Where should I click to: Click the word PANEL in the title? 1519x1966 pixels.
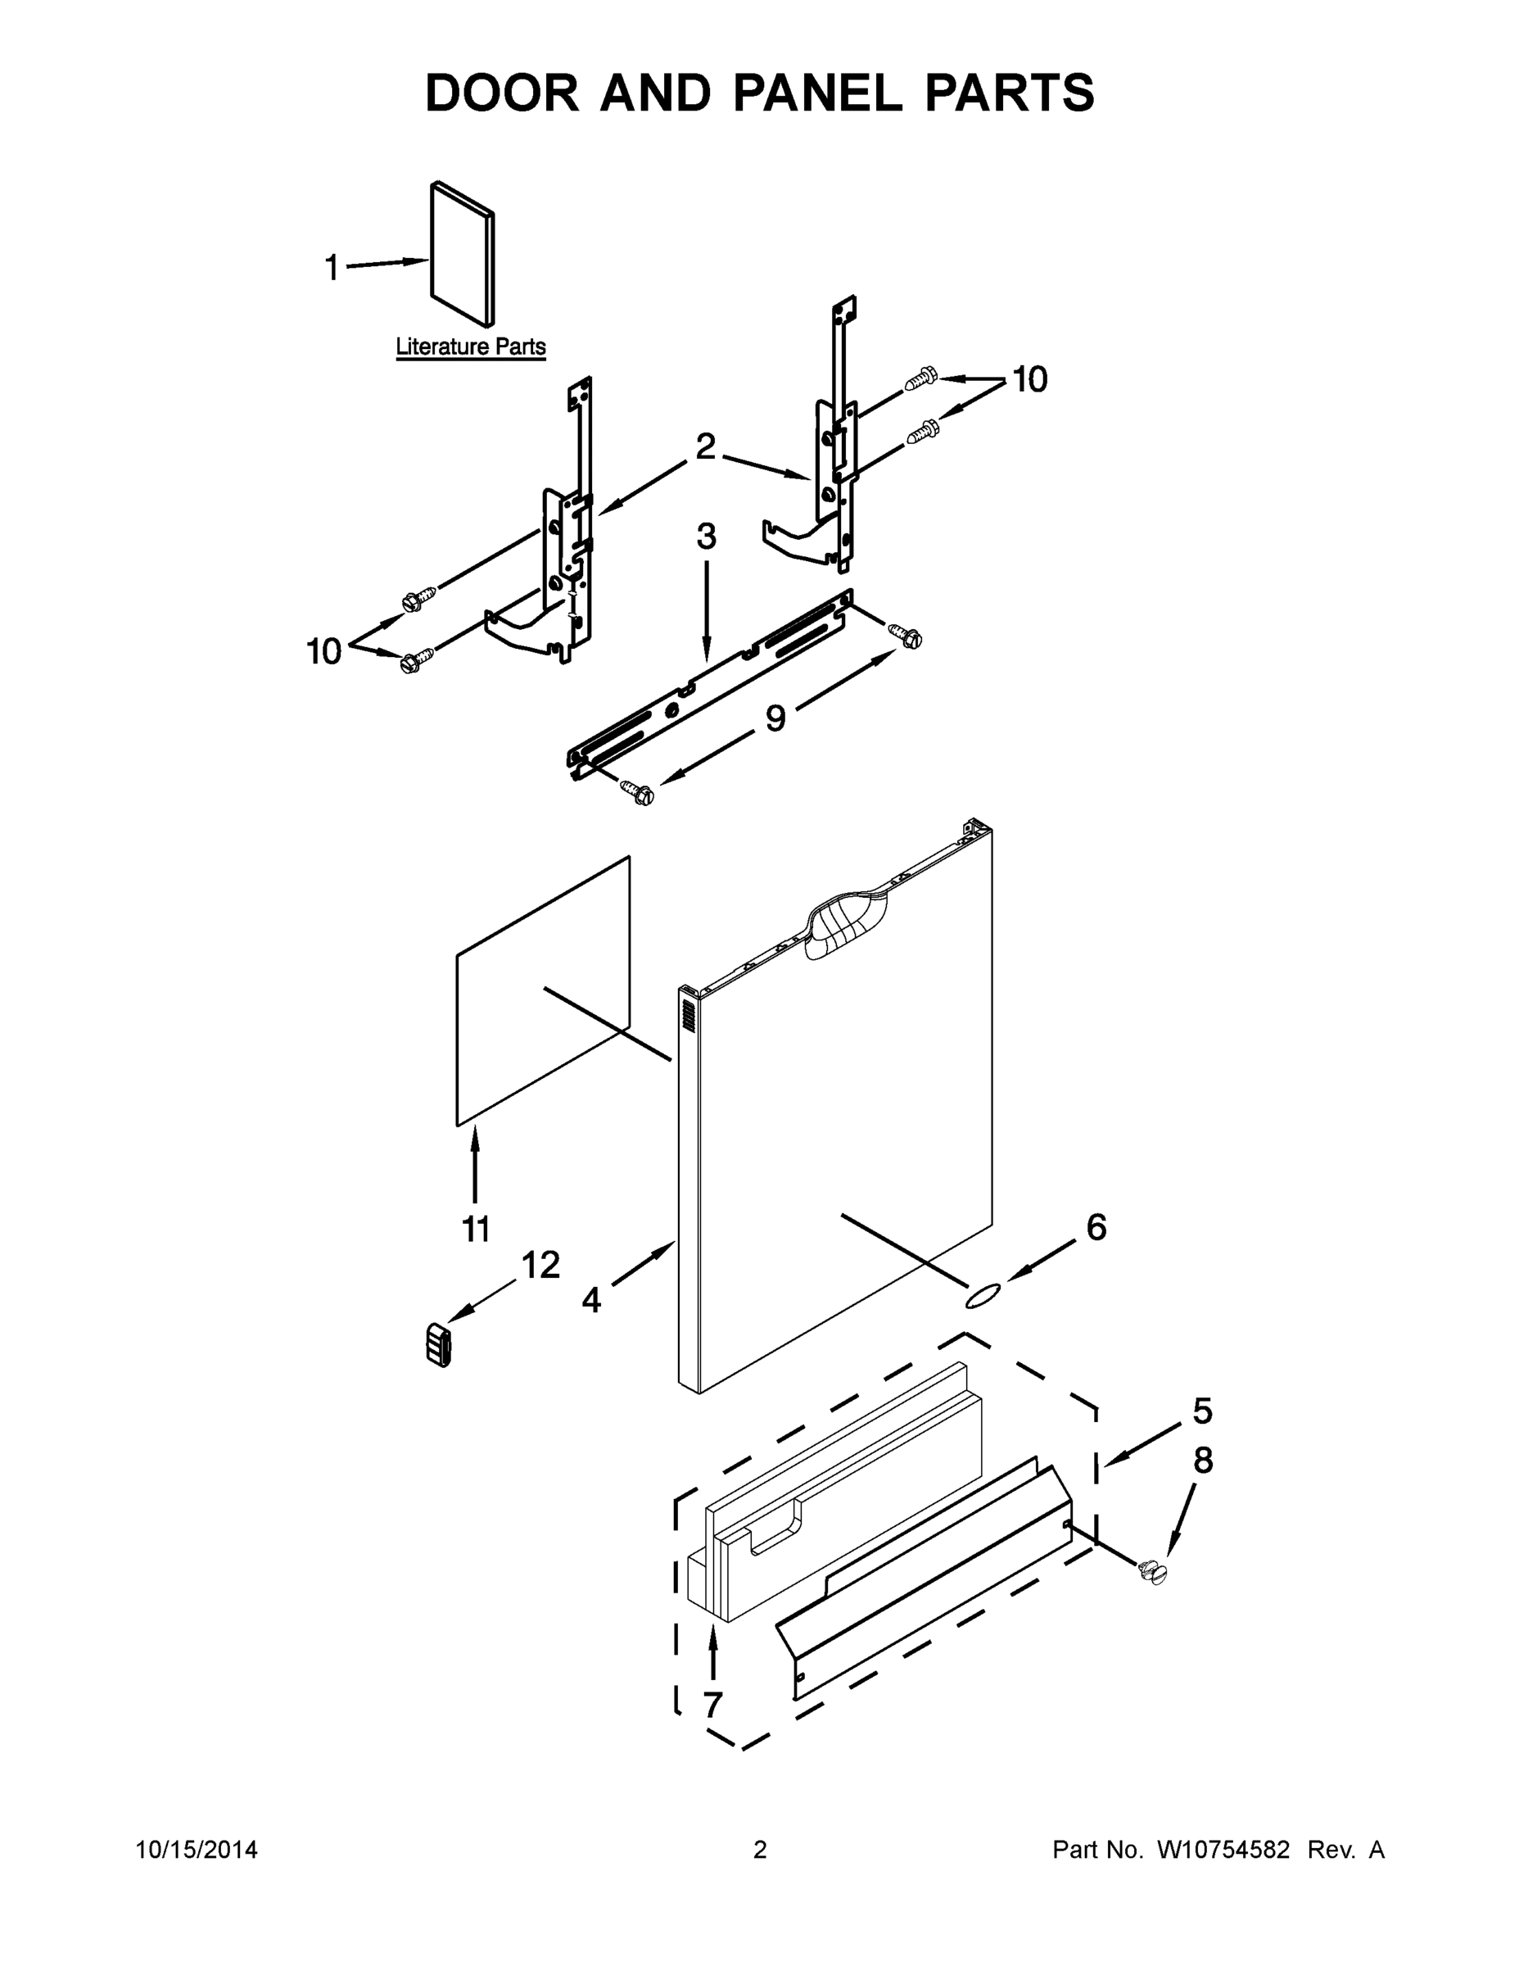817,93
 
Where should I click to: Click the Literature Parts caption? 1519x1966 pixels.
471,347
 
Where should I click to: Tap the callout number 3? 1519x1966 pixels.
707,537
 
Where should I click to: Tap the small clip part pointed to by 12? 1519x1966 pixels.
438,1346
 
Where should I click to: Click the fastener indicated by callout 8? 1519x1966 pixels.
1152,1573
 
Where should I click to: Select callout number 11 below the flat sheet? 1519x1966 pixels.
475,1228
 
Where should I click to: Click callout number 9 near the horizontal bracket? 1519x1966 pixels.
775,718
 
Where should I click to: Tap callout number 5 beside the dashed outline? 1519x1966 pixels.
1202,1411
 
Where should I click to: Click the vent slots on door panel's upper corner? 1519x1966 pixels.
689,1016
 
